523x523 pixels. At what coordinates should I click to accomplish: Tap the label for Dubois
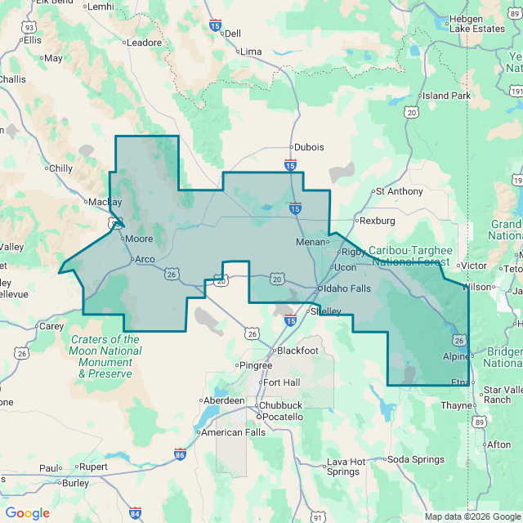tap(309, 147)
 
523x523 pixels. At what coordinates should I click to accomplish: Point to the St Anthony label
tap(399, 191)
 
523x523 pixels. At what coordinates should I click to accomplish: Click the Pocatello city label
tap(282, 417)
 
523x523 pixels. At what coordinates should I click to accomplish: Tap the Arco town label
tap(144, 259)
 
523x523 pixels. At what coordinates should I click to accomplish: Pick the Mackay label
tap(105, 202)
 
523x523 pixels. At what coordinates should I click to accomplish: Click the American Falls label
tap(233, 432)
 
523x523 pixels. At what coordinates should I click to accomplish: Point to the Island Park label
tap(446, 96)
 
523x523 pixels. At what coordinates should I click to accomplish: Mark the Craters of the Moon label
tap(105, 356)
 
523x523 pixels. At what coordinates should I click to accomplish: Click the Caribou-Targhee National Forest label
tap(409, 256)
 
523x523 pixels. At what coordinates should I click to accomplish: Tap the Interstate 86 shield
tap(180, 454)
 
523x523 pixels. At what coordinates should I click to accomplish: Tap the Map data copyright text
tap(472, 516)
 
